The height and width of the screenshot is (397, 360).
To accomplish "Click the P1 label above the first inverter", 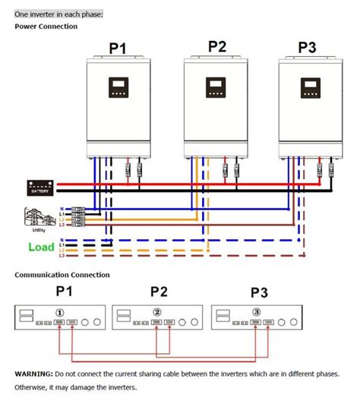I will click(x=117, y=49).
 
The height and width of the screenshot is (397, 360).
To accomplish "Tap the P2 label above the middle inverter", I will click(x=216, y=46).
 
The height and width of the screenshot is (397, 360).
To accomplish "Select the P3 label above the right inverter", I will click(x=307, y=47).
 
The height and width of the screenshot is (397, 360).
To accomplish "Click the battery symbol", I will click(x=38, y=187).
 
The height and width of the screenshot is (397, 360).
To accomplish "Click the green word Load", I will click(x=41, y=247).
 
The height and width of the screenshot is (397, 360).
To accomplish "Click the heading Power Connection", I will click(x=46, y=26).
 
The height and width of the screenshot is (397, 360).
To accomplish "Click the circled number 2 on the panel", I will click(x=157, y=312).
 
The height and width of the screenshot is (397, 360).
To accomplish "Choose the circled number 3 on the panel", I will click(x=257, y=312).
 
